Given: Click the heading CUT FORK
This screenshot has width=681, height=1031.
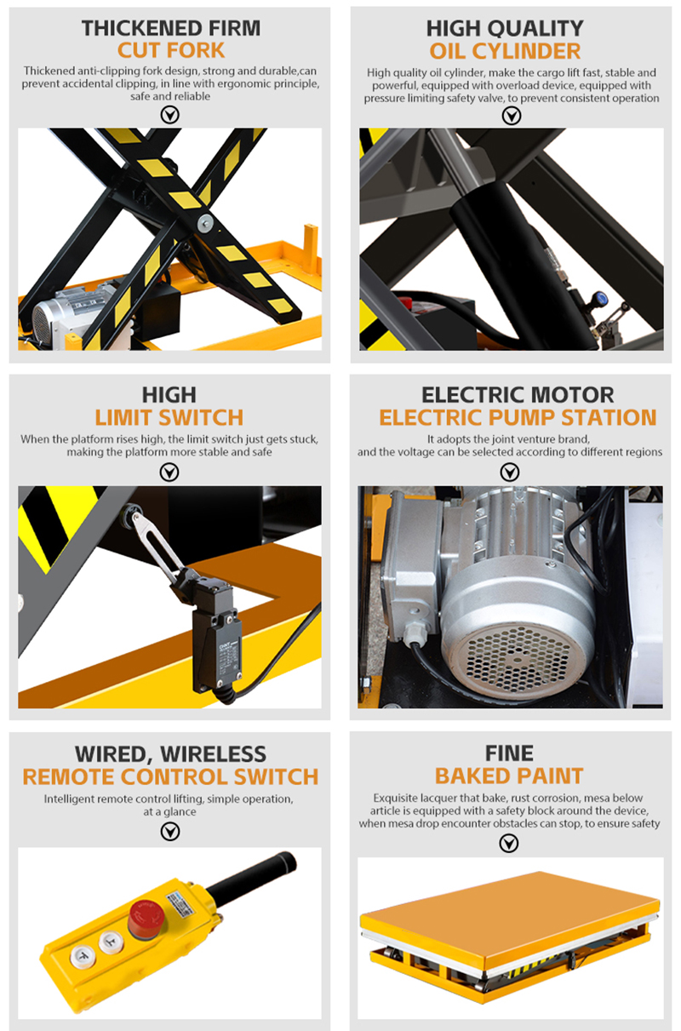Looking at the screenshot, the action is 171,50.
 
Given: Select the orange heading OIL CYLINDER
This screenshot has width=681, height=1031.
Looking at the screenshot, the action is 505,51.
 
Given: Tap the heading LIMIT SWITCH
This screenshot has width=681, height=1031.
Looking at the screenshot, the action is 169,417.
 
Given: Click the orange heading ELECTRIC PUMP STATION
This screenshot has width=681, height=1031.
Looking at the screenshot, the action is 518,417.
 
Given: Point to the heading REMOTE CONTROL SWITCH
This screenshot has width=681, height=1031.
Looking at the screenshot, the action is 170,776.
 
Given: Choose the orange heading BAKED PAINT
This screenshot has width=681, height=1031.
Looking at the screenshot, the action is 509,776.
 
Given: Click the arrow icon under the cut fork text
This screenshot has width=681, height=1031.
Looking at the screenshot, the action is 169,115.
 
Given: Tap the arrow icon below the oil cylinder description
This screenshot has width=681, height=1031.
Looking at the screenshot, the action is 512,116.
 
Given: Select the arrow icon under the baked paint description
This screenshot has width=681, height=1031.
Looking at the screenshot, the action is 509,843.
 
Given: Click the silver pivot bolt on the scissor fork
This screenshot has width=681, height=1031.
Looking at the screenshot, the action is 205,223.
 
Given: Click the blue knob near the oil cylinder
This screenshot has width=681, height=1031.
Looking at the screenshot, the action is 600,298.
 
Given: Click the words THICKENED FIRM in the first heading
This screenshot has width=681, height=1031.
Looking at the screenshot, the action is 171,28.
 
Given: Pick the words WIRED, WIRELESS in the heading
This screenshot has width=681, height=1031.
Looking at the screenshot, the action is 170,754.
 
